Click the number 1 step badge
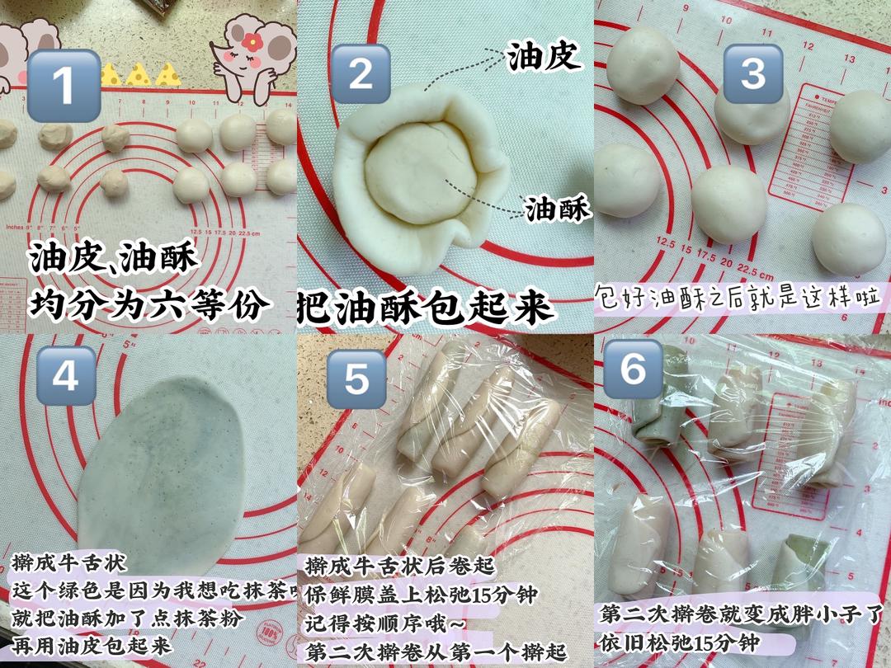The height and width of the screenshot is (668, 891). tap(64, 85)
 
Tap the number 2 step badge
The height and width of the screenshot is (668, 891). tap(361, 73)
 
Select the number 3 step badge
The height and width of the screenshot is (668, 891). tap(752, 73)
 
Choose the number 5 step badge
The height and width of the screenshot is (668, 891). tap(356, 379)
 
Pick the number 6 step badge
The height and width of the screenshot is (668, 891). tap(633, 369)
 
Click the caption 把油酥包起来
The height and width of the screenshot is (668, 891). tap(424, 308)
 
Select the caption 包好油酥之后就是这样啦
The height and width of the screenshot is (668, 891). tap(738, 294)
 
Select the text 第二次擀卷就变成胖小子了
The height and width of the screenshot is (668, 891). tap(742, 614)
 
